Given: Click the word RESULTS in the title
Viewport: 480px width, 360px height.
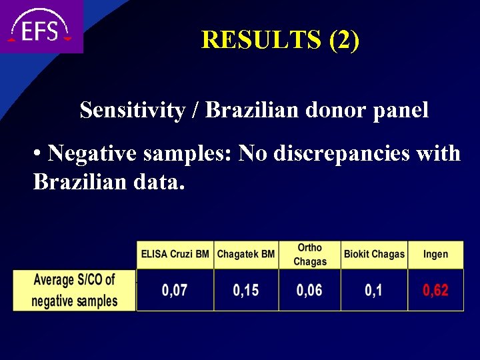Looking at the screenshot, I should point(262,40).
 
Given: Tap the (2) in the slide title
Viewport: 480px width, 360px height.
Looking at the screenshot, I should point(344,40).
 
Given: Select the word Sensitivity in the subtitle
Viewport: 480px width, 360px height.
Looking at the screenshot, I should point(132,110).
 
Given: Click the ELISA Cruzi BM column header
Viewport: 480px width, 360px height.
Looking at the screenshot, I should point(175,254).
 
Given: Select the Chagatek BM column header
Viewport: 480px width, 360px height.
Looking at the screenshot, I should point(246,254).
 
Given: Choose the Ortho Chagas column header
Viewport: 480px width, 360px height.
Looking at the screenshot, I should point(310,254).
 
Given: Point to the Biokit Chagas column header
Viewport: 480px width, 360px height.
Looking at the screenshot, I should point(374,254).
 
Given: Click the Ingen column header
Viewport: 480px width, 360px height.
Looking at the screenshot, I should point(435,254).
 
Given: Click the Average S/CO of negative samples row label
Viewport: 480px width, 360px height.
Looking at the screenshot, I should point(74,290).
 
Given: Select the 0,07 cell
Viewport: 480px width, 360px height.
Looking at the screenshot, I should point(175,291).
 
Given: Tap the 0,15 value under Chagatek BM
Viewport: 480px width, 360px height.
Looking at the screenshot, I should point(246,291).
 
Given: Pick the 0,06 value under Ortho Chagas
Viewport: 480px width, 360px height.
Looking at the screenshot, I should point(310,291).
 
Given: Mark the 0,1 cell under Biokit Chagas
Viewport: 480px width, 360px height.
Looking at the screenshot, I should point(374,291).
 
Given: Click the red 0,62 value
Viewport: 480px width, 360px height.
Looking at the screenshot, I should point(435,291).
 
